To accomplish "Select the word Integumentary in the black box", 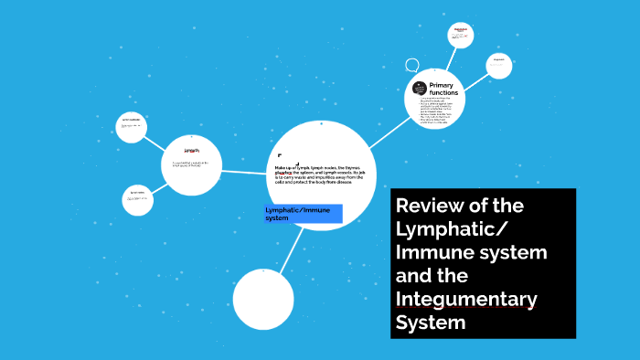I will coord(465,299).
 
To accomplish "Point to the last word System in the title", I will coord(431,323).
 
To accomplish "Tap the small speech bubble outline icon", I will coord(412,66).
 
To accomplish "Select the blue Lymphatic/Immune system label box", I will coord(303,214).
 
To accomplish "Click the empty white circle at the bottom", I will coord(263,300).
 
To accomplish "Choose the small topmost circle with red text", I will coord(461,35).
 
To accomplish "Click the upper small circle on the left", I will coord(133,126).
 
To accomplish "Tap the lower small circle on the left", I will coord(138,199).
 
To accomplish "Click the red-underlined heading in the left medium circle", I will coord(191,151).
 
